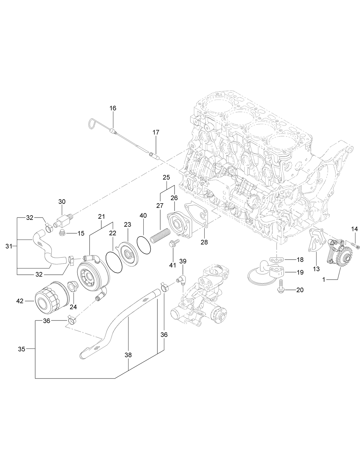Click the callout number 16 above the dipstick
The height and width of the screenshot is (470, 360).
click(x=113, y=108)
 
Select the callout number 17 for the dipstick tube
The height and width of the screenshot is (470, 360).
click(x=156, y=132)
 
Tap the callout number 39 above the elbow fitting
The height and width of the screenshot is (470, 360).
click(x=183, y=261)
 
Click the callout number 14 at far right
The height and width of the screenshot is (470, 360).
click(x=355, y=229)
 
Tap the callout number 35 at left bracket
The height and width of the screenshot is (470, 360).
click(x=22, y=349)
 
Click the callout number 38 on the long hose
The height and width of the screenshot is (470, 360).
click(x=128, y=355)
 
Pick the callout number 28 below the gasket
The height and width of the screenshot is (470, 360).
click(x=204, y=242)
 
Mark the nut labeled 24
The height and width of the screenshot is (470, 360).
click(x=72, y=286)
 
